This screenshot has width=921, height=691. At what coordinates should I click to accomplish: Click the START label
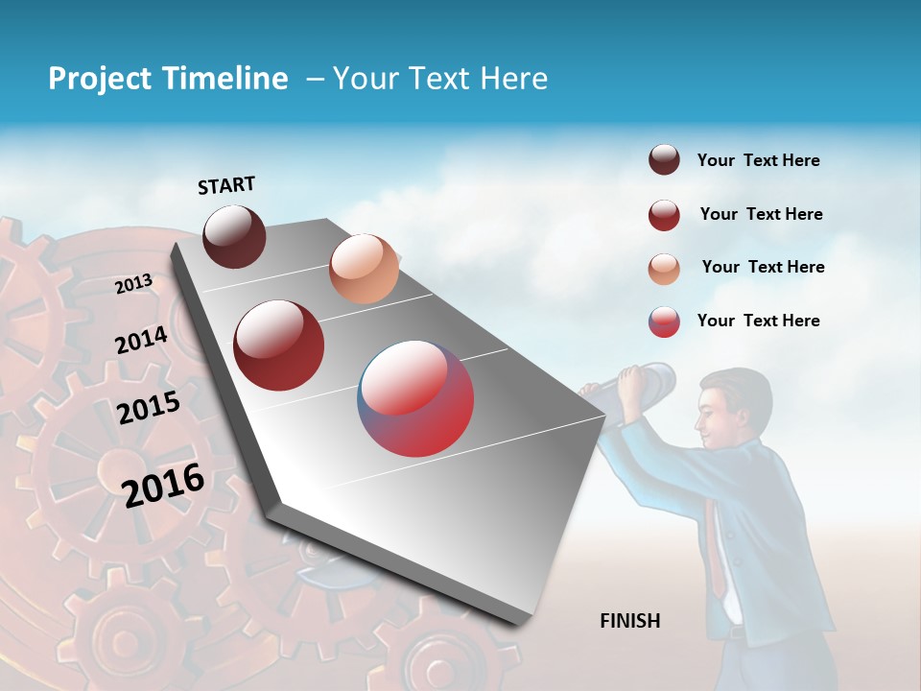(x=226, y=185)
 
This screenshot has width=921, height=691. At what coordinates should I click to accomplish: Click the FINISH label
(x=629, y=621)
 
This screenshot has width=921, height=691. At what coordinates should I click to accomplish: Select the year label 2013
(x=133, y=284)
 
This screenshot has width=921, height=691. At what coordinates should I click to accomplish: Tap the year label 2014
(x=141, y=340)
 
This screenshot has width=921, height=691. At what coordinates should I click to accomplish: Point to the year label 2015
(x=148, y=408)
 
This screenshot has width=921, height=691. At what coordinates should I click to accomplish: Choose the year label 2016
(x=163, y=485)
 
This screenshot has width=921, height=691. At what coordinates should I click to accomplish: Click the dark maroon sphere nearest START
(x=234, y=236)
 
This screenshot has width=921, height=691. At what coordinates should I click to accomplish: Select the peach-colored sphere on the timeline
(x=364, y=269)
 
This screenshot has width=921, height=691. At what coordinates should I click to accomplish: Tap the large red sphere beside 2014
(x=279, y=345)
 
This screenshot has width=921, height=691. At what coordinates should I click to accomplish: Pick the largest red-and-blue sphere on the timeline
(x=415, y=398)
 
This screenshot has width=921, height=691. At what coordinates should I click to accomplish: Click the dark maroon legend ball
(x=664, y=160)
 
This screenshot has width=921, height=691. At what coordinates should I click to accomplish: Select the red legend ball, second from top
(x=664, y=215)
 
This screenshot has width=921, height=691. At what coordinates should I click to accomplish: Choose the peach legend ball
(x=664, y=269)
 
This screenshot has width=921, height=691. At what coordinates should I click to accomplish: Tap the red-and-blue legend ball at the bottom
(x=664, y=322)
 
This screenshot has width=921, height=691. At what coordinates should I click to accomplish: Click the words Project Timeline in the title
(x=168, y=79)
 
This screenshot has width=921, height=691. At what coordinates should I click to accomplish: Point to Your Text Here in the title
(x=439, y=79)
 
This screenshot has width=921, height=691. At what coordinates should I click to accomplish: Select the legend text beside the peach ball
(x=763, y=267)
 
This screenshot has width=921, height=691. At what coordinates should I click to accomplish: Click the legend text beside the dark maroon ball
(x=758, y=160)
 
